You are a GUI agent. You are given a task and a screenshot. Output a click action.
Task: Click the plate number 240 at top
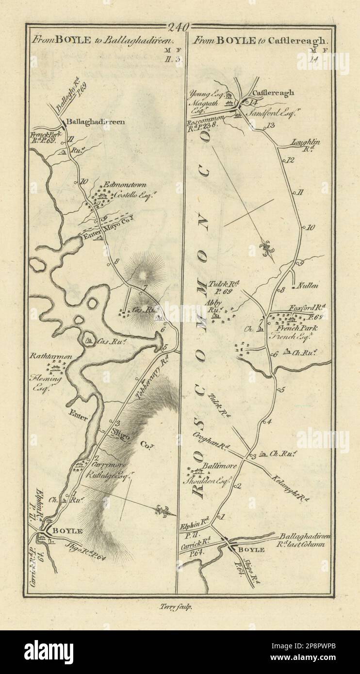click(180, 27)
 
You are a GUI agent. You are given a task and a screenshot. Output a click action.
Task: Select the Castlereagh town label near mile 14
click(273, 93)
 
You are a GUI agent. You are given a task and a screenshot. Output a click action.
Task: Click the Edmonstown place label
click(119, 185)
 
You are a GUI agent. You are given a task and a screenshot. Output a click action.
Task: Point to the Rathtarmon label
click(51, 356)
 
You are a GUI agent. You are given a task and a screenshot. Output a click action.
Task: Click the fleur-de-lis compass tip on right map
click(266, 249)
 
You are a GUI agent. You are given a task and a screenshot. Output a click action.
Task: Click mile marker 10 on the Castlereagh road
click(311, 227)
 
